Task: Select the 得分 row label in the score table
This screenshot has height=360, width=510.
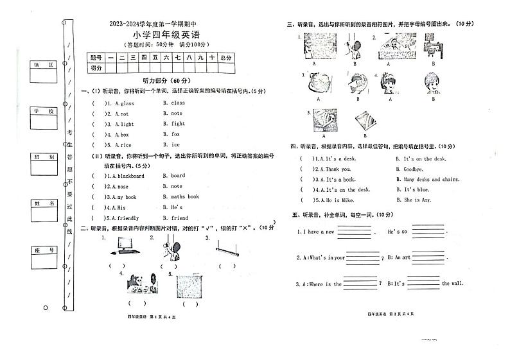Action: tap(96, 68)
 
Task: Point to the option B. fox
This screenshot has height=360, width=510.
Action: tap(171, 135)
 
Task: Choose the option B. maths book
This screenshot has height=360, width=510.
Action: tap(181, 197)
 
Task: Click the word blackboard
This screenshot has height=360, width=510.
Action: tap(131, 176)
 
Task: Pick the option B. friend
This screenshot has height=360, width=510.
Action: tap(175, 218)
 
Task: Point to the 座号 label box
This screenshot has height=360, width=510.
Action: tap(44, 250)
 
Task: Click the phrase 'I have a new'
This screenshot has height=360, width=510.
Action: tap(315, 232)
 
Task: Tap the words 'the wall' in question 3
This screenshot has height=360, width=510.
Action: tap(452, 284)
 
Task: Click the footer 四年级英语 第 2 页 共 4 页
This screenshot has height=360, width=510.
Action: tap(391, 313)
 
